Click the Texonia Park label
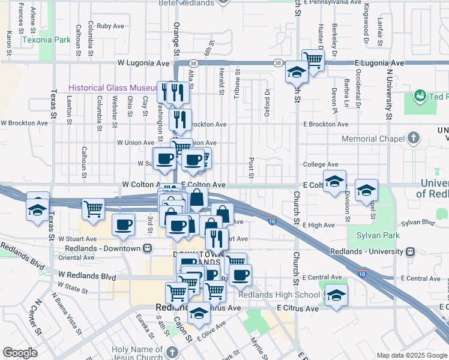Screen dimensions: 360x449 pos(46,40)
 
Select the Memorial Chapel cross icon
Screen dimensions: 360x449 pos(412,139)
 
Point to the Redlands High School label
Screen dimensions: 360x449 pos(279,295)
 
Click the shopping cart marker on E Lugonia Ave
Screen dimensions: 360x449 pos(313,59)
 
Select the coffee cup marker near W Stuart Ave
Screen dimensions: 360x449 pos(123,224)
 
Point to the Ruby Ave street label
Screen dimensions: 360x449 pos(110,26)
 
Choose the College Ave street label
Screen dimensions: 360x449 pos(321,164)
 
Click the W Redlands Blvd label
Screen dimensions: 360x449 pos(87,277)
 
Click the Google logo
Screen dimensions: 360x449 pos(20,353)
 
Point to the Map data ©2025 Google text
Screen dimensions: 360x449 pos(412,355)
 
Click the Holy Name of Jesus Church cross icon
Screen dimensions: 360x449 pos(173,351)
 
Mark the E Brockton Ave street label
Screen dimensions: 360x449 pos(326,124)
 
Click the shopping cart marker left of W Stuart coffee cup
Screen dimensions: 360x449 pos(93,209)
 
